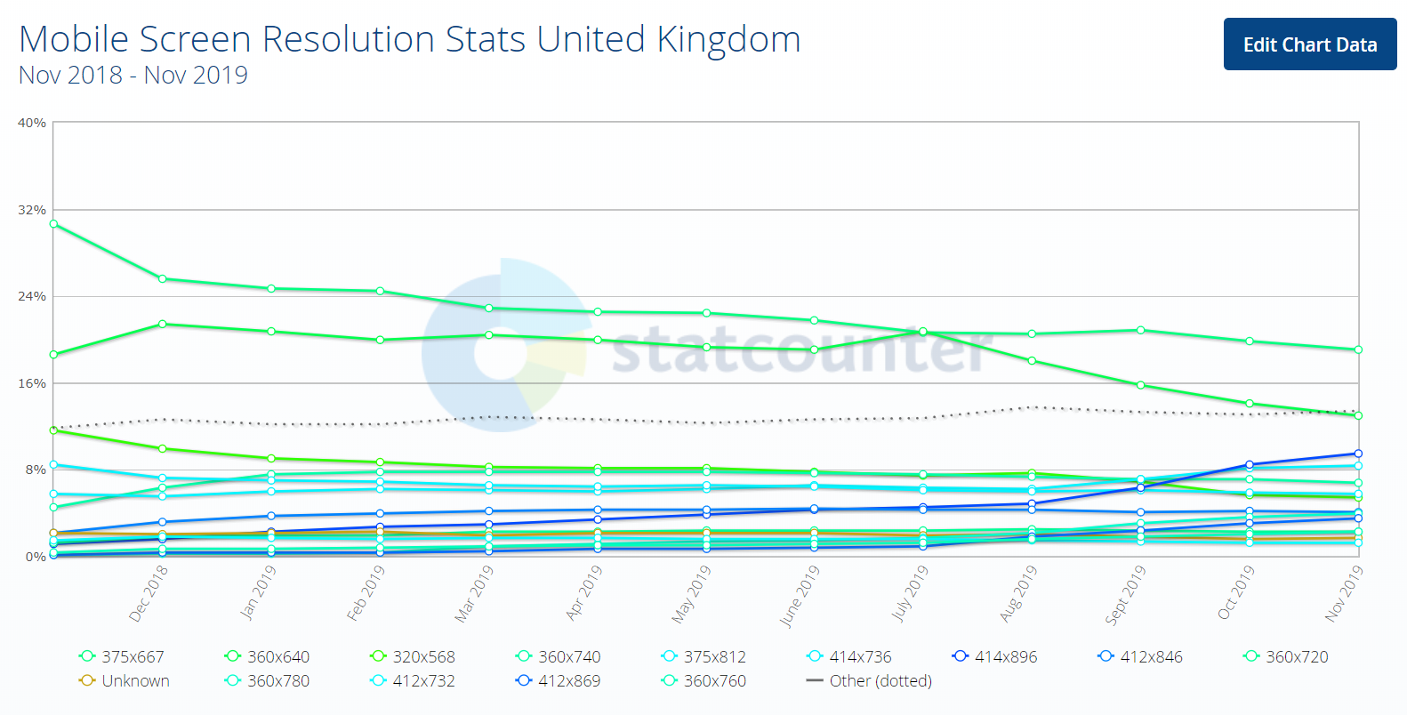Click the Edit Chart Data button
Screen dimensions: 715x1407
(1309, 44)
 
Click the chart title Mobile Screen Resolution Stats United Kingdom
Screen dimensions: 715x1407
(409, 39)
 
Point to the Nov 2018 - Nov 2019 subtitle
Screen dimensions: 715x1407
(133, 76)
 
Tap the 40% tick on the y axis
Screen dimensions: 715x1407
(32, 123)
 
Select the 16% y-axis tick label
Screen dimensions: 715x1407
(32, 383)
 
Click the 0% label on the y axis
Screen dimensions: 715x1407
(36, 557)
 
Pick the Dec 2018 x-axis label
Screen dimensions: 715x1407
(149, 593)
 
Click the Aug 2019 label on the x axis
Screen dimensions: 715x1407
(1018, 593)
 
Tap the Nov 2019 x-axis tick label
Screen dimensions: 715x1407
(1344, 593)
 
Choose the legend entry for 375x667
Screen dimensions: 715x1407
(123, 656)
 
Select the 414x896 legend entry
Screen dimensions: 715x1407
(995, 656)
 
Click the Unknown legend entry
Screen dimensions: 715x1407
(125, 680)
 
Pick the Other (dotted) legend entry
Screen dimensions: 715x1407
(870, 680)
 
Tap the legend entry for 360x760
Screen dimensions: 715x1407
(705, 680)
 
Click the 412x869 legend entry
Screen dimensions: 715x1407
(559, 680)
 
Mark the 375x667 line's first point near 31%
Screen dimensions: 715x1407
(53, 224)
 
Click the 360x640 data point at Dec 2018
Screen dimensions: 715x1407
(162, 324)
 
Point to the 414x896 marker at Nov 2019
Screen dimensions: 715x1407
(1358, 454)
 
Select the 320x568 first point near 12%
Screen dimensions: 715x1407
(53, 430)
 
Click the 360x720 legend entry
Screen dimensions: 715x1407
(1287, 656)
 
